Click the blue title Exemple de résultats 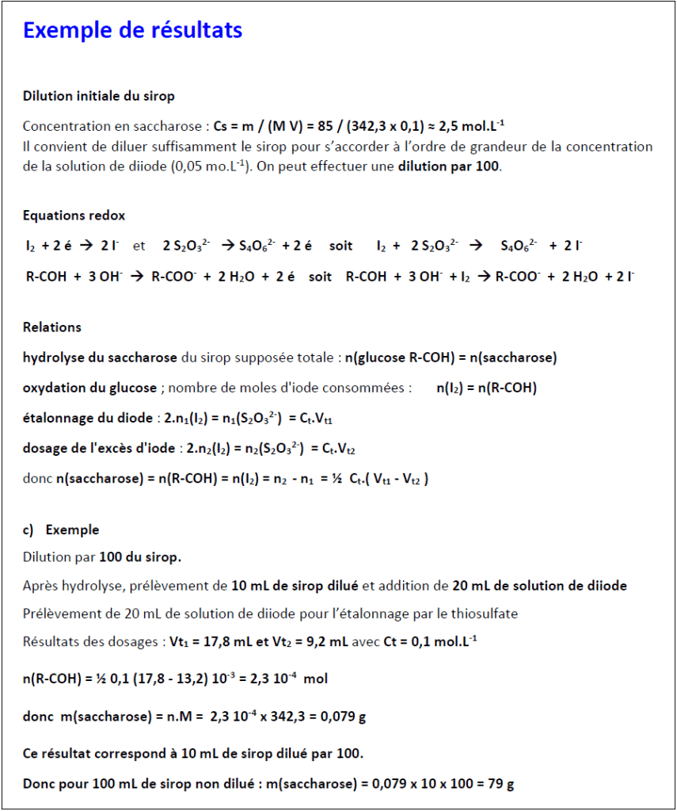132,30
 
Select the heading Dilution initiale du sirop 99,96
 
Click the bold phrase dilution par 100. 449,168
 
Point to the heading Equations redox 74,216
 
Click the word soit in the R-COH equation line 321,277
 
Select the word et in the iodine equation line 139,246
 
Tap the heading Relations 52,327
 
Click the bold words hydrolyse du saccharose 100,358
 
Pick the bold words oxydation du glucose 89,388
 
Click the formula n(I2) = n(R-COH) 486,388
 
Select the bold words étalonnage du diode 89,418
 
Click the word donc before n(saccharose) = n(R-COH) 38,478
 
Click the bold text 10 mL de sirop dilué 295,586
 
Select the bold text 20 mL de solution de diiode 539,586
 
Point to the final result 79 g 500,784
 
